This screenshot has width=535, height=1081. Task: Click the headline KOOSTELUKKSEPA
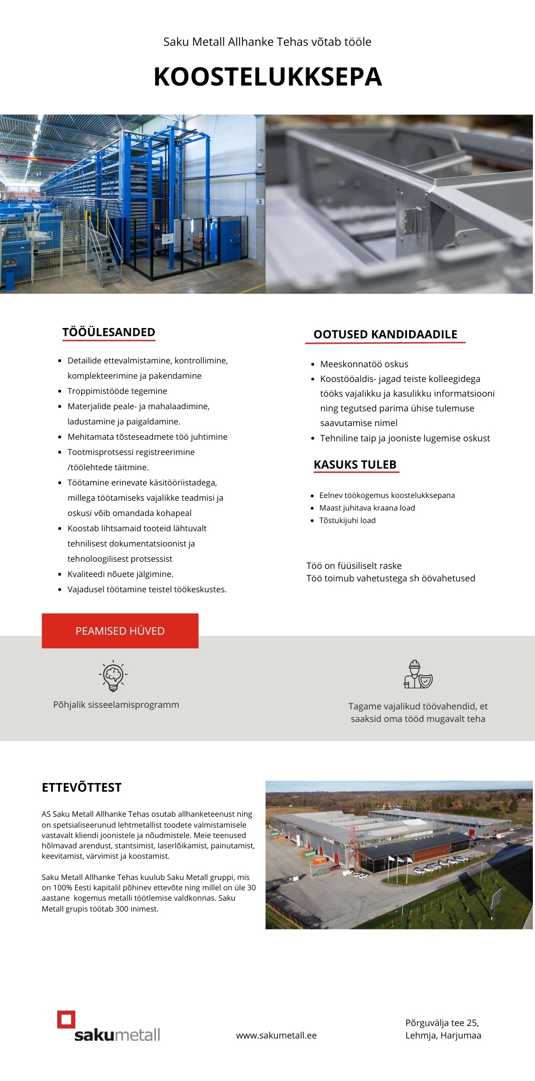(x=267, y=77)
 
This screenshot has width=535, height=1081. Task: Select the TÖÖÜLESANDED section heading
(x=108, y=332)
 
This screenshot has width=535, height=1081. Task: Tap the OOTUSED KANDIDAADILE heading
(x=385, y=335)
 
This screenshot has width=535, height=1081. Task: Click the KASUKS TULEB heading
(x=355, y=465)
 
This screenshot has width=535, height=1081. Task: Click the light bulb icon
(x=113, y=676)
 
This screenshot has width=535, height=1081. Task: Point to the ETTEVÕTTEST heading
(x=82, y=787)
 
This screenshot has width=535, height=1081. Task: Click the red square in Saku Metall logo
(x=66, y=1019)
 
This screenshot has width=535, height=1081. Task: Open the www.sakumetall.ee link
(x=276, y=1035)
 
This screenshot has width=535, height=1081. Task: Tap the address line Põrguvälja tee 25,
(x=442, y=1023)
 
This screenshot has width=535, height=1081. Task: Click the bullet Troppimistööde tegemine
(x=117, y=391)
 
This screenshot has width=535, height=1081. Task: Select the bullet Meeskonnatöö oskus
(x=364, y=364)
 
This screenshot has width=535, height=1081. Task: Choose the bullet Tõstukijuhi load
(x=347, y=520)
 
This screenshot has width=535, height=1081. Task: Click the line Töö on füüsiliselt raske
(x=354, y=566)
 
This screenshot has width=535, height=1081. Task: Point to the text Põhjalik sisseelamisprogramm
(x=116, y=705)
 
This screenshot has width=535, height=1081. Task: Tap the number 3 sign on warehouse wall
(x=260, y=202)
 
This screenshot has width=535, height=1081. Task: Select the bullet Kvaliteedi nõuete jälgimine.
(x=120, y=574)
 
